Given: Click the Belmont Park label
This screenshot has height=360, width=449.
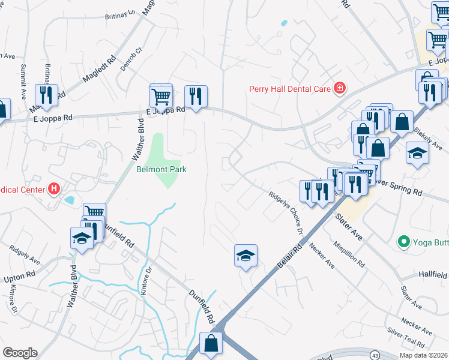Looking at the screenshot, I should (161, 169).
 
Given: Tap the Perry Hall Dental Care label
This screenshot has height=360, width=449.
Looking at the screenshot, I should (291, 89).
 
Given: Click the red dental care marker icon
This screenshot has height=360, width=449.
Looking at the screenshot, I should (340, 88).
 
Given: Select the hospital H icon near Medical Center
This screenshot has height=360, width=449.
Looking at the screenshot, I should (55, 190).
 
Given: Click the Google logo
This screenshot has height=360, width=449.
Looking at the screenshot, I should (20, 353).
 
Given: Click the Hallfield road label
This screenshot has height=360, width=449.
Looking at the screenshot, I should (432, 274).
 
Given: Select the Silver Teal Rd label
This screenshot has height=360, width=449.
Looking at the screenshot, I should (406, 338).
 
